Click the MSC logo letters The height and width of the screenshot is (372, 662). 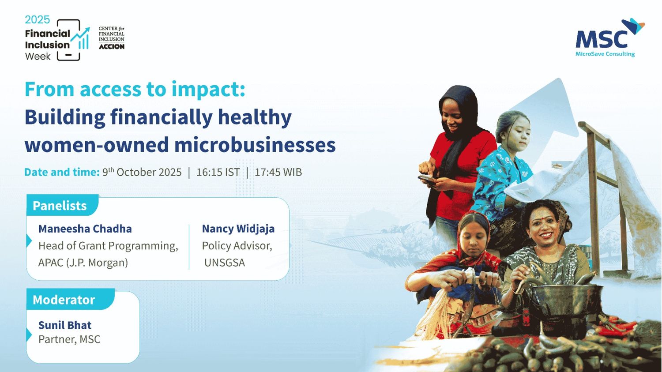pos(601,40)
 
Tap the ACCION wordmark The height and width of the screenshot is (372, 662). pos(111,47)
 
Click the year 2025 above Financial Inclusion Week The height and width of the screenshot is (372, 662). pos(37,20)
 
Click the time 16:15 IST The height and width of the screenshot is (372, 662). pos(218,172)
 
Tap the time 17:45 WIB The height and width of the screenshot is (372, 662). pos(278,172)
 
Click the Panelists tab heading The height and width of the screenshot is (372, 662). pos(60,206)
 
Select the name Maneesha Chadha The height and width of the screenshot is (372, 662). pos(85,229)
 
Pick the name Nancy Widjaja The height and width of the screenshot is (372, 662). pos(238,229)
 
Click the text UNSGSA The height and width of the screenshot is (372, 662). pos(225,263)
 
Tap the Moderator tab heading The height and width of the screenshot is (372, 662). pos(64,300)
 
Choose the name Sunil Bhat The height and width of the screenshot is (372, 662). pos(65,325)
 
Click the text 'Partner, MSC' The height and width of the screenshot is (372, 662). pos(69,339)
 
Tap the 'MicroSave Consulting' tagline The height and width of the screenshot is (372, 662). pos(605,54)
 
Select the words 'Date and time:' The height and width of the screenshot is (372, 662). pos(62,172)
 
